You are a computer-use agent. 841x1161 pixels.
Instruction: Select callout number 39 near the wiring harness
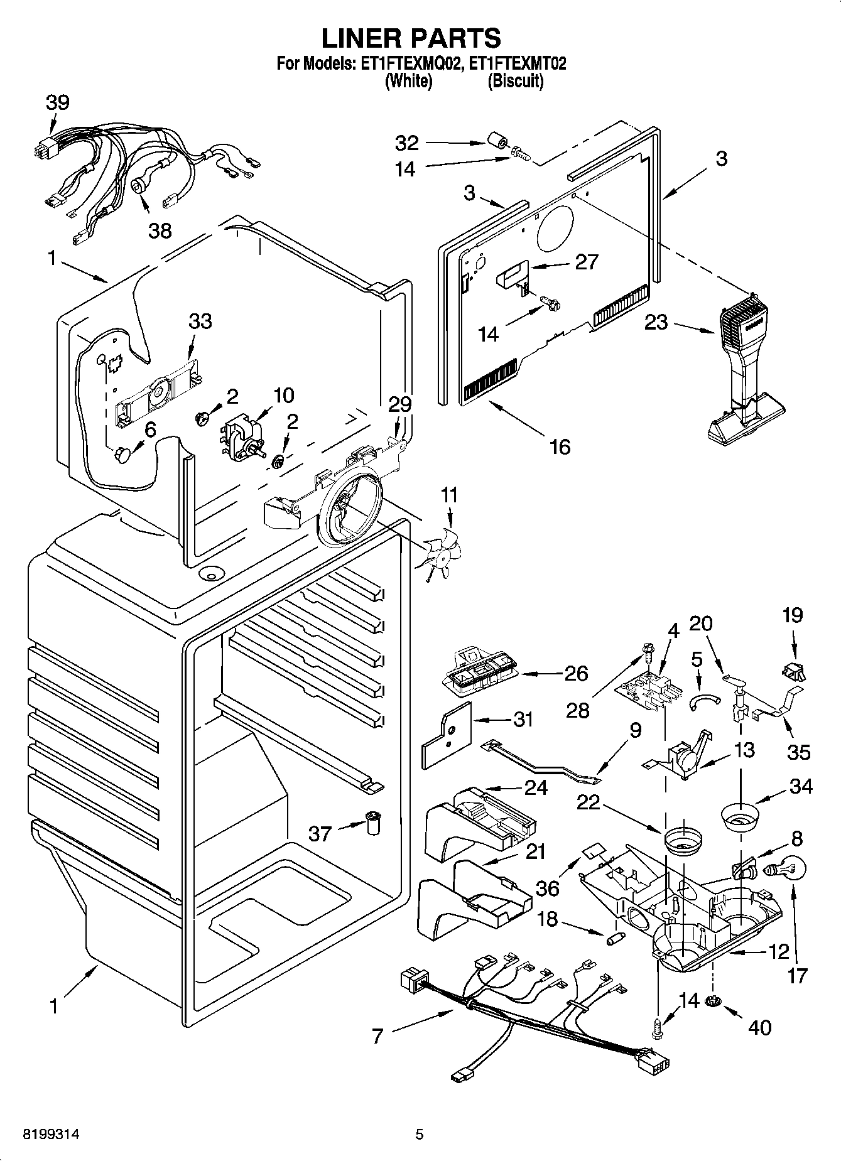(57, 102)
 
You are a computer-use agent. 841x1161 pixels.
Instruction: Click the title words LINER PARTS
(411, 38)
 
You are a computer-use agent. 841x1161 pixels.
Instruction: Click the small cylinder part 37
(374, 822)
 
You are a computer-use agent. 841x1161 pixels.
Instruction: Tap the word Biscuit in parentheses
(515, 81)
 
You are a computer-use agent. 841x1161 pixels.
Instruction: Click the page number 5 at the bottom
(420, 1134)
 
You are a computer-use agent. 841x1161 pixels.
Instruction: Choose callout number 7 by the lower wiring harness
(377, 1036)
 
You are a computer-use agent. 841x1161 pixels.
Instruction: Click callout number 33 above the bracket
(200, 321)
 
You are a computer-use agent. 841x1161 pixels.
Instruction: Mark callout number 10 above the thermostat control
(283, 395)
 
